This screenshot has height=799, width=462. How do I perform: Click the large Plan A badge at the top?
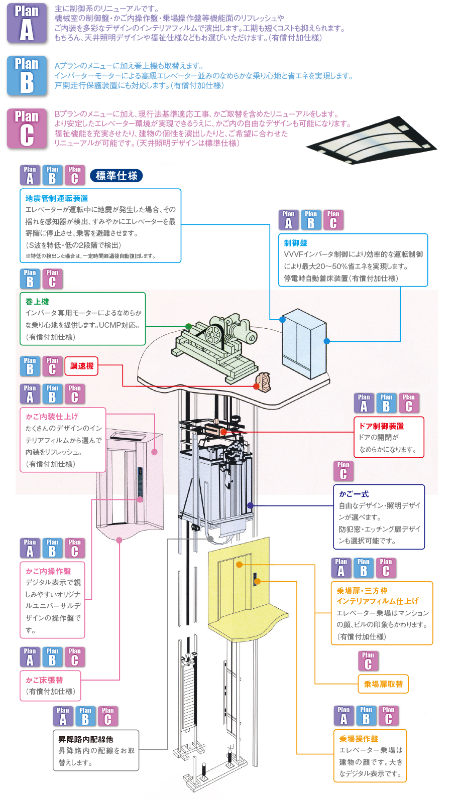27,24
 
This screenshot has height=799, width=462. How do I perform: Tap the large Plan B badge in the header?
27,76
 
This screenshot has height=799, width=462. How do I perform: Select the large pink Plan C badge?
27,129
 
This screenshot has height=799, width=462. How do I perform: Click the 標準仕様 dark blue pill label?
117,176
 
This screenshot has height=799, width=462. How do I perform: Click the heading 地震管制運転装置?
57,198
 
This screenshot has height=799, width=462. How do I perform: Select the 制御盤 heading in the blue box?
296,243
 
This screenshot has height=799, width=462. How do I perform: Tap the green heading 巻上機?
37,302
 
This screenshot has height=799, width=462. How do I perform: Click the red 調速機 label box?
81,366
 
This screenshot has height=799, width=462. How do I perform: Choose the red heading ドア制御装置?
381,426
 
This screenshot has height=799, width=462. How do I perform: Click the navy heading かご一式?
354,494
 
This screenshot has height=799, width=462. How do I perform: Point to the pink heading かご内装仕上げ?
52,417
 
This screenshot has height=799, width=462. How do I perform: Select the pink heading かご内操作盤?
48,571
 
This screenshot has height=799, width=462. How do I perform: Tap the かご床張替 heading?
44,680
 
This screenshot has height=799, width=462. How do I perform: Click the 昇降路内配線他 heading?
85,739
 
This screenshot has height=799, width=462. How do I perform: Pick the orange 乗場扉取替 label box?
383,684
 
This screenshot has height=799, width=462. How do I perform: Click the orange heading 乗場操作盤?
359,739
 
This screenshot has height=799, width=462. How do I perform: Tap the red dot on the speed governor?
257,386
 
